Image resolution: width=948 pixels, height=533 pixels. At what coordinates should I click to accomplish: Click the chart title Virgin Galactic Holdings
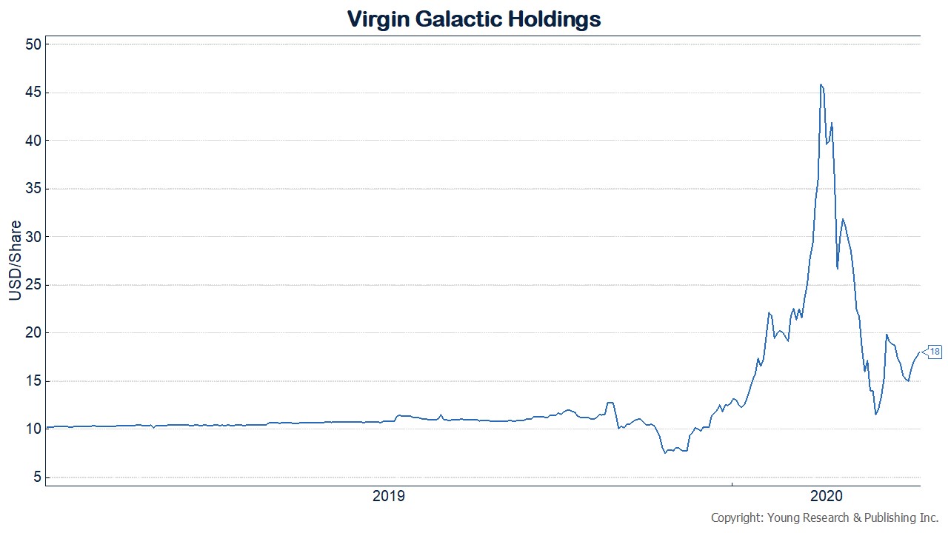pos(474,19)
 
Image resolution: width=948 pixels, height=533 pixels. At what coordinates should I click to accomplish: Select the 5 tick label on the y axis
pos(34,477)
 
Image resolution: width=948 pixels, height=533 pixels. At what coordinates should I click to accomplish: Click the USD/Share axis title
pos(14,261)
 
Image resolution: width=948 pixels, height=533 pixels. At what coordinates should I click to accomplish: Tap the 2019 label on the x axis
pos(389,496)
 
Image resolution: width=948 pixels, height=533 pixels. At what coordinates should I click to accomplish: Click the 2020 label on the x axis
pos(826,496)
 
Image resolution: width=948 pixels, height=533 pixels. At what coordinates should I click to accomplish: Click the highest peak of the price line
pos(821,84)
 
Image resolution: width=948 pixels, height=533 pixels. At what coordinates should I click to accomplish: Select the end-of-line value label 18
pos(935,352)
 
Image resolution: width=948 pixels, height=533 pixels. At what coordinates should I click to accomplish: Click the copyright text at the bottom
pos(825,517)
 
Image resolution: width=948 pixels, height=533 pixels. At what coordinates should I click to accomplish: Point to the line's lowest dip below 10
pos(665,452)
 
